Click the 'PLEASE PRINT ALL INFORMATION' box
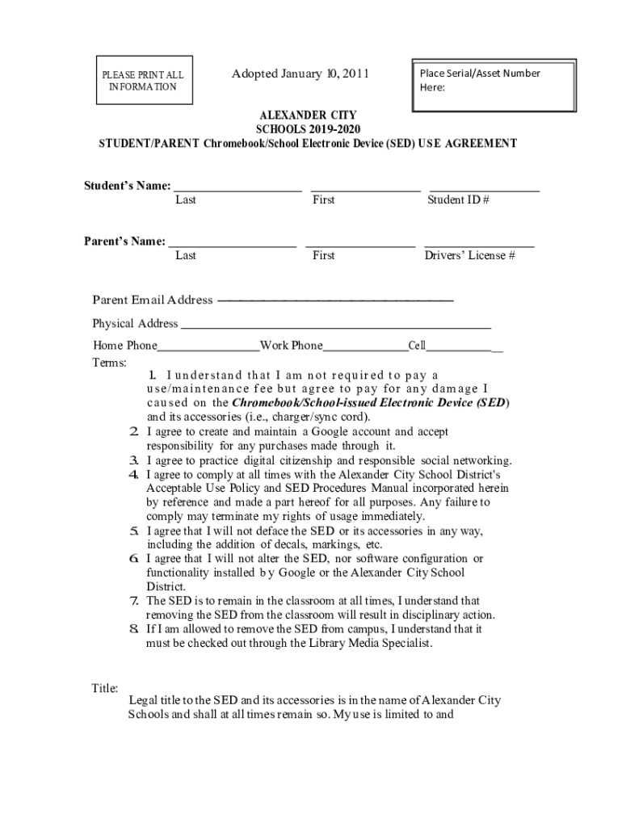(x=143, y=81)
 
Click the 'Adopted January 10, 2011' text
(x=300, y=75)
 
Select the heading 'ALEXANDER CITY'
(x=308, y=115)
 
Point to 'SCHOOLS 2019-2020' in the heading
(x=308, y=129)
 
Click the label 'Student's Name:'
(x=128, y=186)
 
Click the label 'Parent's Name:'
(x=125, y=241)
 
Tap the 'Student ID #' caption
(x=458, y=200)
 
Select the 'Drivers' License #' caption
(x=470, y=256)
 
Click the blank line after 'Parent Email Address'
(x=335, y=300)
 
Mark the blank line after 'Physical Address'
(x=335, y=328)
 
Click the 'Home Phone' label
(x=124, y=346)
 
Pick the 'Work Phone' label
(x=291, y=346)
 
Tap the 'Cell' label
(x=417, y=346)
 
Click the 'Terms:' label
(x=109, y=363)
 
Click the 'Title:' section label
(x=105, y=688)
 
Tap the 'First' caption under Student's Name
(x=323, y=200)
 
